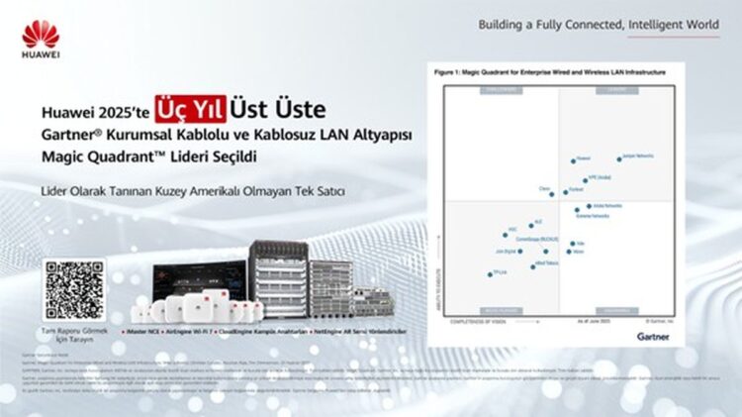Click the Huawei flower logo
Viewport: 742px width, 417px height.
point(41,37)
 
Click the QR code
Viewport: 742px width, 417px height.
point(73,290)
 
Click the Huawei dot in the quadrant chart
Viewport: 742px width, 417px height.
point(573,160)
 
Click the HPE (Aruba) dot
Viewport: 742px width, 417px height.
point(586,180)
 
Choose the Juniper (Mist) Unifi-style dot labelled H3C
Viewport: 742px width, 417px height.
point(506,234)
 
